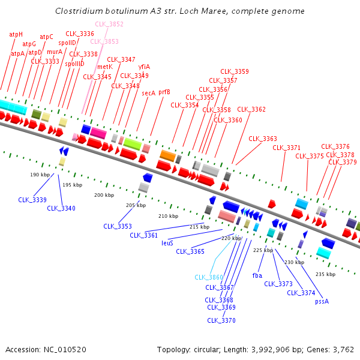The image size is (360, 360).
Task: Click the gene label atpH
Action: point(16,35)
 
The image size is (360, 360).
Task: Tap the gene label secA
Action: point(148,93)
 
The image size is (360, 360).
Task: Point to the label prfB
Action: point(164,92)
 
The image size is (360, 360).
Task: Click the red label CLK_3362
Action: point(251,109)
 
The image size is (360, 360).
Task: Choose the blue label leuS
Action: point(167,243)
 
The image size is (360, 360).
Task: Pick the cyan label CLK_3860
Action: point(209,277)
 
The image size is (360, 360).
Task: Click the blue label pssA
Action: point(322,301)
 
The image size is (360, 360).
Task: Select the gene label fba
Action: point(257,276)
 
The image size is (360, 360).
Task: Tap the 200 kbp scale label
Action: point(104,195)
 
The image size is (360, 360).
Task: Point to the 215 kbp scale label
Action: point(199,227)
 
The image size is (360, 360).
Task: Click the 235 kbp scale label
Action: point(325,274)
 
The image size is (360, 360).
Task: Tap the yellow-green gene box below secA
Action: point(132,144)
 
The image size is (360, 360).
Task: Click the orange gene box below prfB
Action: point(167,156)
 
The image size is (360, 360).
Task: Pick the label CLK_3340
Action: point(61,208)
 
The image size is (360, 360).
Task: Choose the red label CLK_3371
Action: point(286,148)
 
